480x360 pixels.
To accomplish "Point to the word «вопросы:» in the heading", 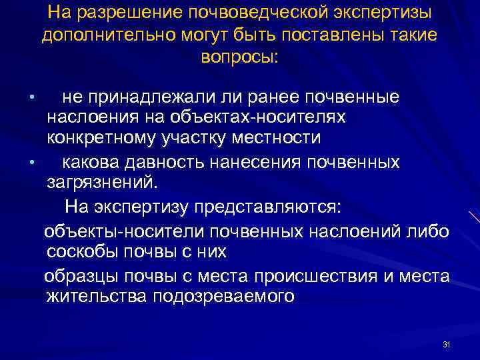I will (239, 57).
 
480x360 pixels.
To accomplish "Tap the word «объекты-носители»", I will (120, 231).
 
